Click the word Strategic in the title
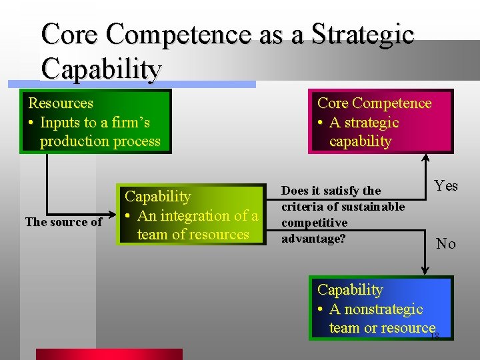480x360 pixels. point(363,34)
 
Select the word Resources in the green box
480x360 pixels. point(61,103)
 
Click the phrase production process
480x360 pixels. point(100,141)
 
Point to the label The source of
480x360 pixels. point(63,222)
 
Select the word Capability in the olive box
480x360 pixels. point(158,197)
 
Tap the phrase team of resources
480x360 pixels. point(193,235)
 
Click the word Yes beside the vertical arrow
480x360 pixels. point(446,186)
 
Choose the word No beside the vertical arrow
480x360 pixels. point(446,244)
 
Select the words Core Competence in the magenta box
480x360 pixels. point(374,103)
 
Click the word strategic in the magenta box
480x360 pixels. point(364,123)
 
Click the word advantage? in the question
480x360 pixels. point(313,238)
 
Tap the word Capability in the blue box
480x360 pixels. point(350,290)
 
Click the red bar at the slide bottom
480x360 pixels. point(109,354)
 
